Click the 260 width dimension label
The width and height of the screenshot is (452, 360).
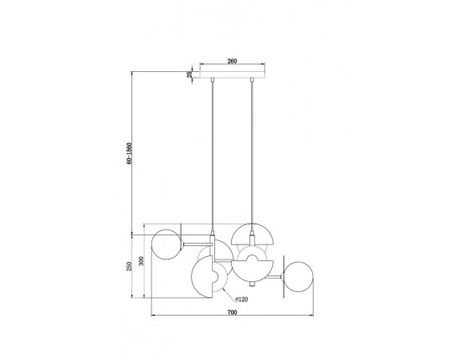click(232, 61)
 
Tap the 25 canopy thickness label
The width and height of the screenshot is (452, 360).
click(189, 74)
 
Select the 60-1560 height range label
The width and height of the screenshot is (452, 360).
click(130, 153)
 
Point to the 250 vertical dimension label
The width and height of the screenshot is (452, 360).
click(130, 266)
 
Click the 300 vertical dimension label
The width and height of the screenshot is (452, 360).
click(141, 261)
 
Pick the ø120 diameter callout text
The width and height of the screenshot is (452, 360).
click(241, 299)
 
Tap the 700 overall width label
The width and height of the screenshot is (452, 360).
click(232, 312)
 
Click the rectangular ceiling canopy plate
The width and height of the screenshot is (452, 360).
click(233, 74)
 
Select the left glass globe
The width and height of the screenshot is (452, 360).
click(167, 244)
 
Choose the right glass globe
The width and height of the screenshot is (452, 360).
click(298, 277)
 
